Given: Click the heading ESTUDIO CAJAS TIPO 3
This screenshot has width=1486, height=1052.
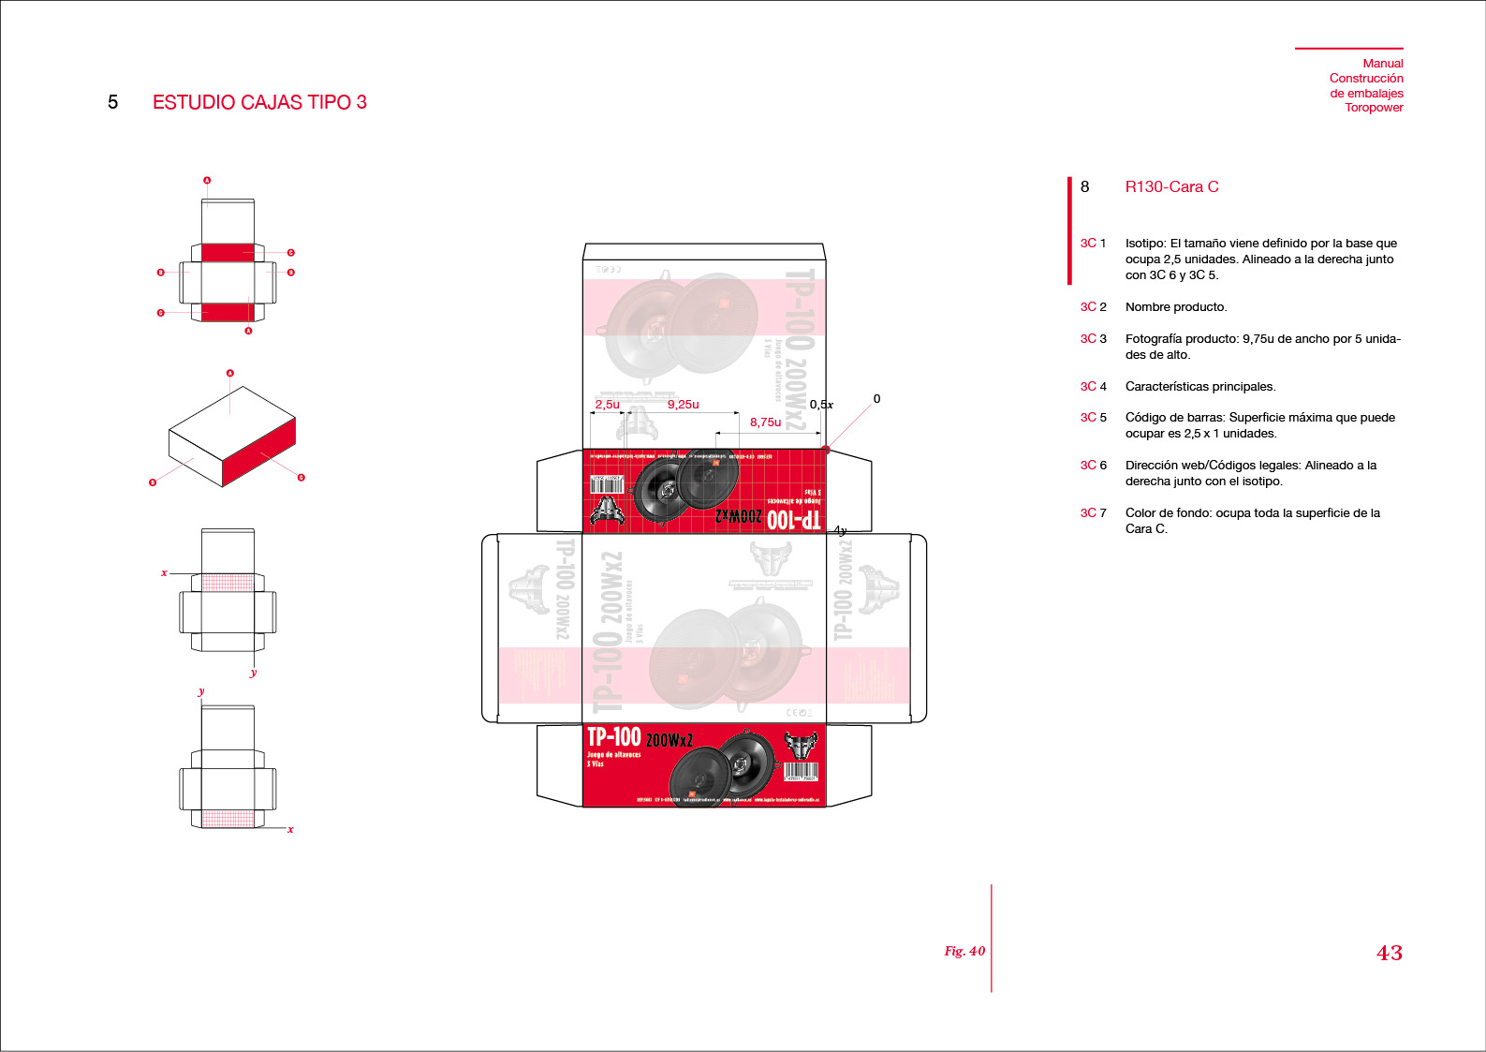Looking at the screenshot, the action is pos(259,102).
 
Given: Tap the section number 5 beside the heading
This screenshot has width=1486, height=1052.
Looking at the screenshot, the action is pos(112,102).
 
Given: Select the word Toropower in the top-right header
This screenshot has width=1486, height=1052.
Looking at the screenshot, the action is pos(1374,108).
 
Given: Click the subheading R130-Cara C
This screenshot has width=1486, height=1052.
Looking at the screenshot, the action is pos(1171,186).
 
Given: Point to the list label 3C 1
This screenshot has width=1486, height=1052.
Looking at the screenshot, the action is pos(1093,244).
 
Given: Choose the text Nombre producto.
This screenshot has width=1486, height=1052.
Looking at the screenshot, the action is pos(1175,307).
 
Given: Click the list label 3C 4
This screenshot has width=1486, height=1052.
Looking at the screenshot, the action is pos(1093,387).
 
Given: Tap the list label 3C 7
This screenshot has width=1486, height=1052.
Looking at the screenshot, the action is pos(1093,513).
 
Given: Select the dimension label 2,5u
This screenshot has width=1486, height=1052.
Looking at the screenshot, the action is pos(607,405).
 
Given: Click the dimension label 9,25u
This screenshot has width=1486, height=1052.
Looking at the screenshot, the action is pos(683,405).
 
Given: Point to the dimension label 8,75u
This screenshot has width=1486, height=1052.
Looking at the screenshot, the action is pos(765,422).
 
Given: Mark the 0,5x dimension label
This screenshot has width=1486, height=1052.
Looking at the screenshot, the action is pos(821,405).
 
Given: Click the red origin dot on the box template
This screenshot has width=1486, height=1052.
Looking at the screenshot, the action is pos(826,450).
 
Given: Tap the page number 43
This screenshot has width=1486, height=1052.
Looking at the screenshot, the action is pos(1389,953).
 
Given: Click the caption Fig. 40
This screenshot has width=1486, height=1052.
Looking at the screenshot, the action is pos(964,951).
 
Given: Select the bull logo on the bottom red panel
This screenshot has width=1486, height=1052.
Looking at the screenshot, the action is pos(801,746).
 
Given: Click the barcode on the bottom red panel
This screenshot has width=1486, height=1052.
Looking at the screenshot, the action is pos(801,772).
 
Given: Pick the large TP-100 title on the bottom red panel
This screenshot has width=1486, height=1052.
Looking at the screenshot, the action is pos(613,737).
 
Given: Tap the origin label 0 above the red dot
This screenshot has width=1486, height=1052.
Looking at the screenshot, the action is pos(876,399).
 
